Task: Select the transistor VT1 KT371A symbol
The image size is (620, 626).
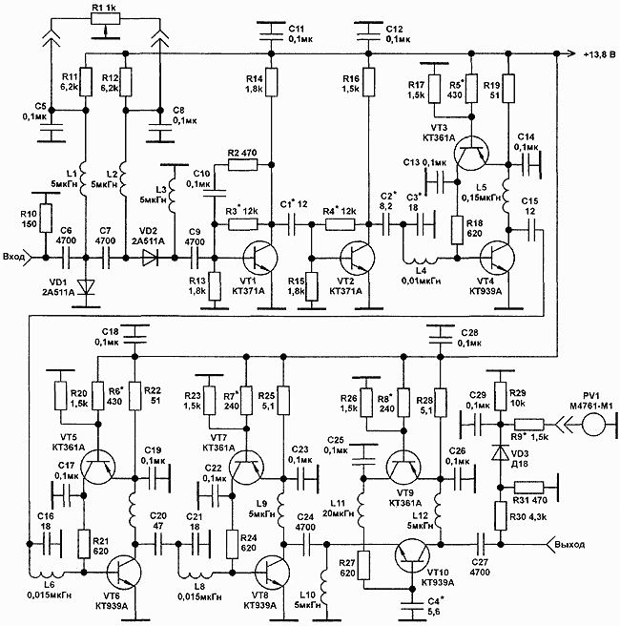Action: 258,256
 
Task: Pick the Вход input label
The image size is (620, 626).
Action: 14,256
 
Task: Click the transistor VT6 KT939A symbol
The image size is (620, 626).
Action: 122,570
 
